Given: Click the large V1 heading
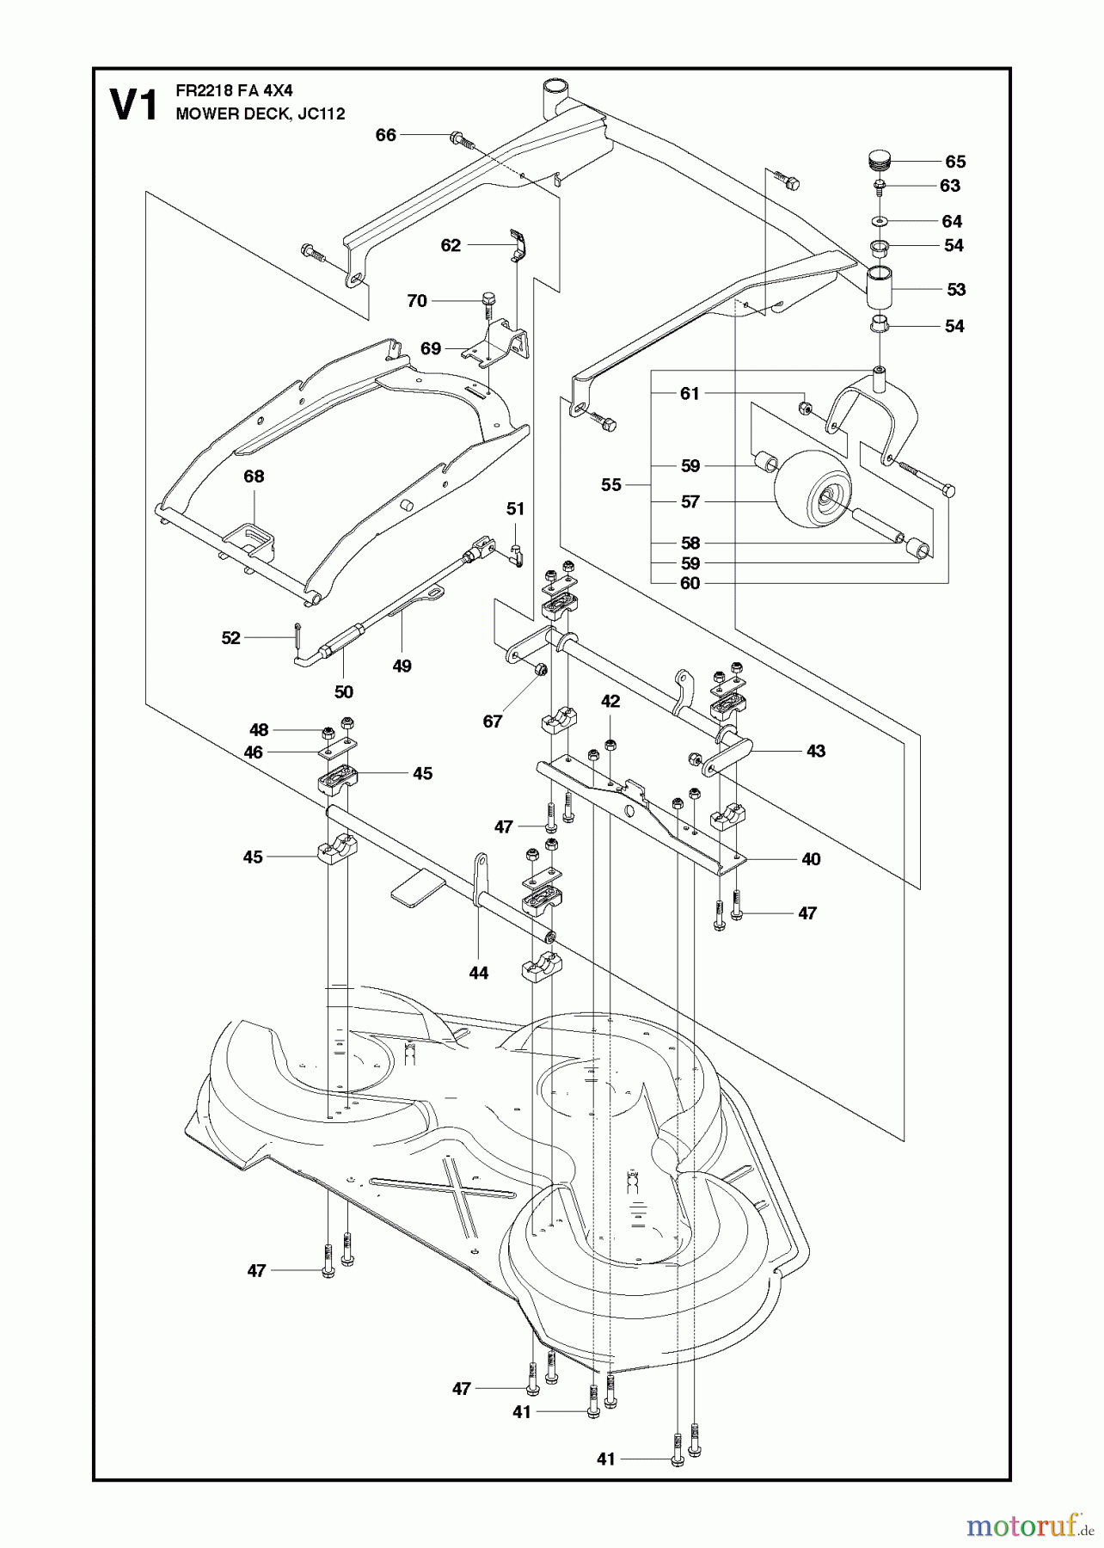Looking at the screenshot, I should pyautogui.click(x=134, y=106).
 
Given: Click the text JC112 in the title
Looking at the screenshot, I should pyautogui.click(x=321, y=114).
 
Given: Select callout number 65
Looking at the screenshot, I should pyautogui.click(x=955, y=162).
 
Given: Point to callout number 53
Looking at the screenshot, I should pyautogui.click(x=956, y=290).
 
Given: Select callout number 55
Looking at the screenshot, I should pyautogui.click(x=610, y=485).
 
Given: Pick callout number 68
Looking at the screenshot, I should pyautogui.click(x=254, y=476).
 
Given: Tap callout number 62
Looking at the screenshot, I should pyautogui.click(x=451, y=245).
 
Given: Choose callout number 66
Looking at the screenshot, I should pyautogui.click(x=386, y=135).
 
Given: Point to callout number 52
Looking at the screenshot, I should pyautogui.click(x=230, y=638).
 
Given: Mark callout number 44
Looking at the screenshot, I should pyautogui.click(x=478, y=973).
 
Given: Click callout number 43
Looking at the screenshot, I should pyautogui.click(x=815, y=751).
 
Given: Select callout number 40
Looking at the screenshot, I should pyautogui.click(x=811, y=859).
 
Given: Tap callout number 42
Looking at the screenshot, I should pyautogui.click(x=610, y=702).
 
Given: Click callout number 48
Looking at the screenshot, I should pyautogui.click(x=259, y=730).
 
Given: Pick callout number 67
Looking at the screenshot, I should pyautogui.click(x=492, y=722).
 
